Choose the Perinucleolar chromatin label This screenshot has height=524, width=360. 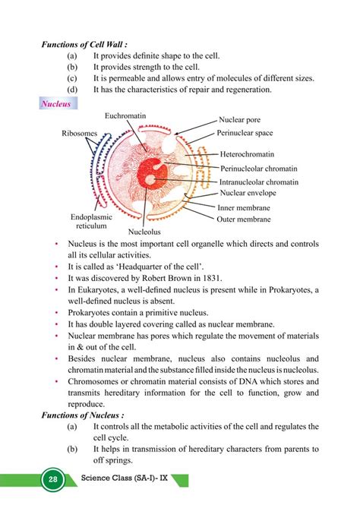click(x=258, y=169)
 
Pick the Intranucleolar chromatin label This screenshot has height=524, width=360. click(x=258, y=182)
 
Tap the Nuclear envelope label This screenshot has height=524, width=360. click(x=247, y=194)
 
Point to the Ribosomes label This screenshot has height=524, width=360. click(x=80, y=134)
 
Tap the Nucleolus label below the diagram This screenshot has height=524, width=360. click(x=145, y=233)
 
